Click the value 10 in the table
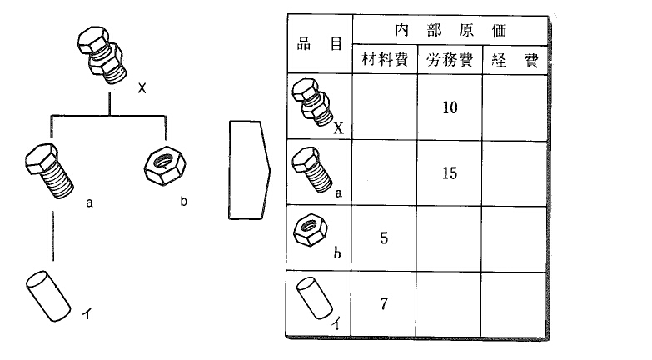click(x=450, y=107)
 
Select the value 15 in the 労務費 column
click(x=450, y=173)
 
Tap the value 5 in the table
click(x=384, y=238)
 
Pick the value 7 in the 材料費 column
click(x=384, y=304)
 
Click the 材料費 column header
click(x=385, y=59)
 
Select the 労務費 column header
click(x=450, y=60)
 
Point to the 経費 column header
click(x=515, y=60)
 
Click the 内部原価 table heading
click(x=450, y=30)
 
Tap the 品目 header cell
click(x=320, y=43)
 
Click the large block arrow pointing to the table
click(x=249, y=170)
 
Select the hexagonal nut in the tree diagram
click(x=165, y=166)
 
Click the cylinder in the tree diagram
click(x=48, y=297)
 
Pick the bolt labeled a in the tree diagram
click(x=49, y=171)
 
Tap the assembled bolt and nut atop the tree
click(x=102, y=55)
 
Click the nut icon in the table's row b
click(x=311, y=230)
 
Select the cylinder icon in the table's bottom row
click(x=315, y=298)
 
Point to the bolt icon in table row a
click(x=312, y=169)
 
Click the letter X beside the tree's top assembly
click(x=142, y=88)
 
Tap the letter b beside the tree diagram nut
click(x=184, y=201)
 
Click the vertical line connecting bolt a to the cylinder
click(x=52, y=236)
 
